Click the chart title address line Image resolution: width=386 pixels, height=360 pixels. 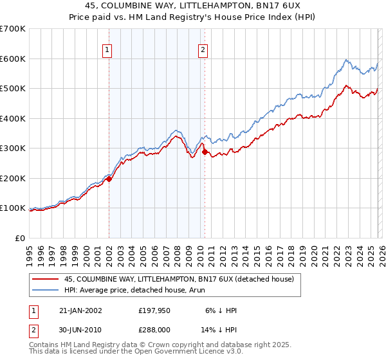point(193,6)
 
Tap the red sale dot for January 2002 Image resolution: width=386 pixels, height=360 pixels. point(109,179)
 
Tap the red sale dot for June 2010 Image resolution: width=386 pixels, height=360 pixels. point(205,152)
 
